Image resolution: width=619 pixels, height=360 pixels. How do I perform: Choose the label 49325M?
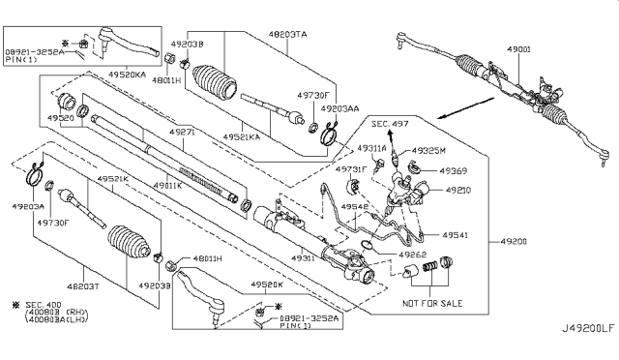point(429,151)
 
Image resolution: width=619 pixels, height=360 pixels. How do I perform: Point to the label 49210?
point(457,191)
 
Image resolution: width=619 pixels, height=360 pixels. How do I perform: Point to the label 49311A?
point(369,148)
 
